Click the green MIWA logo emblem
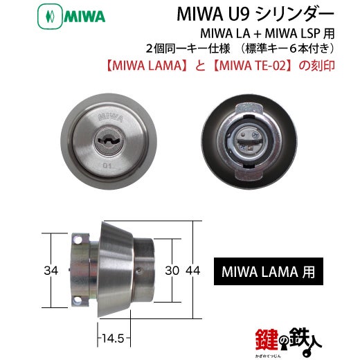click(x=50, y=17)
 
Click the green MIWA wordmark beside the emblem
click(x=84, y=17)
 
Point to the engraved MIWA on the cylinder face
click(x=110, y=117)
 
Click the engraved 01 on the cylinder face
click(x=107, y=165)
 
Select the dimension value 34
click(x=51, y=271)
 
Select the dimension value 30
click(x=172, y=271)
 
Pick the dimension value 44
click(x=193, y=271)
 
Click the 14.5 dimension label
click(x=113, y=339)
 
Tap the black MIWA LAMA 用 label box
click(x=269, y=271)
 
